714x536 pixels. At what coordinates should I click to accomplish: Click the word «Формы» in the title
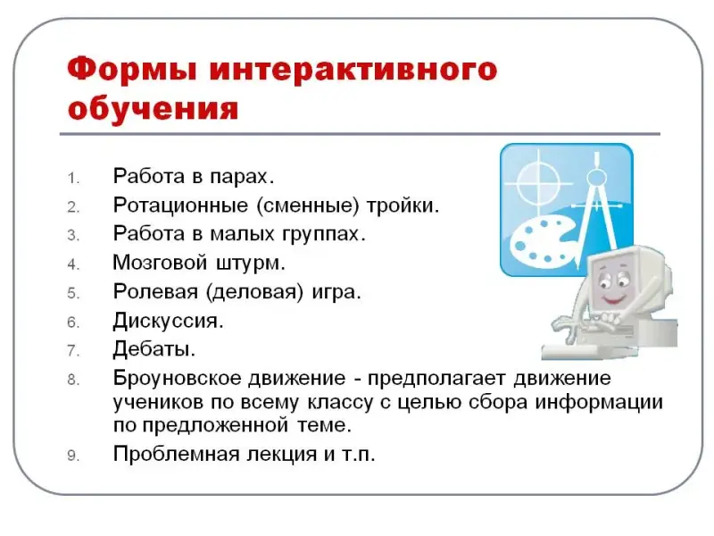(132, 70)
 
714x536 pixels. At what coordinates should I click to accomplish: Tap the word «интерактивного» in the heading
(353, 71)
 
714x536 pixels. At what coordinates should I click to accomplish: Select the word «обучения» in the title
(153, 108)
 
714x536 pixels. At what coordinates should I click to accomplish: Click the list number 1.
(73, 178)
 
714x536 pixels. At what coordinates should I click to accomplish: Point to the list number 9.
(73, 456)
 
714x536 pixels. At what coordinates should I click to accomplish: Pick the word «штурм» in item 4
(251, 263)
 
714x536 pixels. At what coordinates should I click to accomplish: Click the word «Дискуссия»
(168, 321)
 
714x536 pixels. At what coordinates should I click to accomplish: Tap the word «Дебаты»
(154, 349)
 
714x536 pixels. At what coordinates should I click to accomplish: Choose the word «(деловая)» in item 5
(254, 292)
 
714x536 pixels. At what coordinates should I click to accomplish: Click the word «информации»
(598, 403)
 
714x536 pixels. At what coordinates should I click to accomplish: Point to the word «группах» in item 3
(324, 235)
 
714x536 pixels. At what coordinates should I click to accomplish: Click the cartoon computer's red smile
(613, 300)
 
